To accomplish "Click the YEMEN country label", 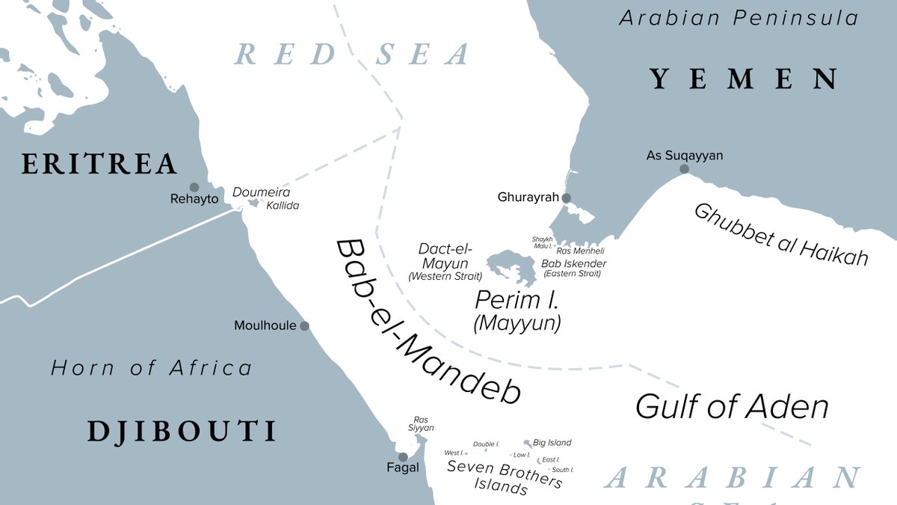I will (x=743, y=79).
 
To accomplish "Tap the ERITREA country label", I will (x=99, y=164).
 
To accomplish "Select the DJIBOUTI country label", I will (x=182, y=431).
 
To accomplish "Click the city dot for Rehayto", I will (x=194, y=187).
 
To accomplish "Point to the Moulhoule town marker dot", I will (x=304, y=326).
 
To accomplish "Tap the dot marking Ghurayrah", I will (x=567, y=198).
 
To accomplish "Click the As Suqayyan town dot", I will (x=684, y=169).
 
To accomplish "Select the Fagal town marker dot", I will (x=403, y=456).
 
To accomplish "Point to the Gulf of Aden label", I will (x=732, y=407).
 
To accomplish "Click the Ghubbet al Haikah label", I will (x=782, y=234).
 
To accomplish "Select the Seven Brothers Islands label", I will (x=504, y=476).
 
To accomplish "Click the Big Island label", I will (x=552, y=443).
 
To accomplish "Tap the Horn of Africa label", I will (x=151, y=368).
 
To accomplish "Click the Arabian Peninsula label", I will (x=739, y=18).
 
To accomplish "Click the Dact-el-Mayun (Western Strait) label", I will (x=444, y=263).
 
